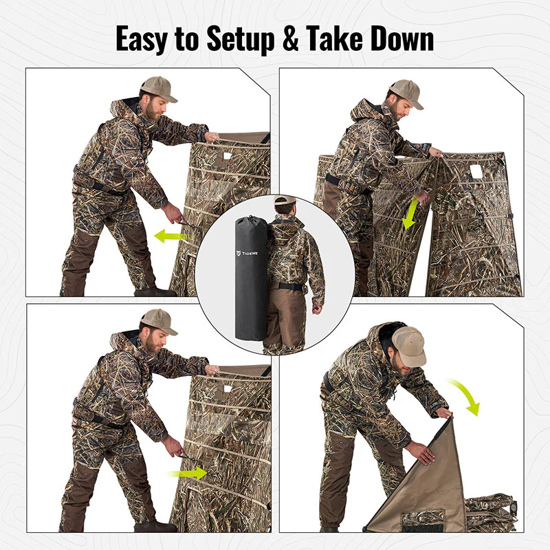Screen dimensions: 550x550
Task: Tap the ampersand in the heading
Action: click(292, 39)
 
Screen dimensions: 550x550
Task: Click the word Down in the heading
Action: click(406, 39)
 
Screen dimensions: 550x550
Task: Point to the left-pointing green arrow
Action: click(171, 236)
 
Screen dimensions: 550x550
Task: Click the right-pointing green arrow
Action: click(188, 472)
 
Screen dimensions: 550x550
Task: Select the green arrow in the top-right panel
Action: click(409, 214)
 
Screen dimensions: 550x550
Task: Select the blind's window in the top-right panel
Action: click(474, 170)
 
